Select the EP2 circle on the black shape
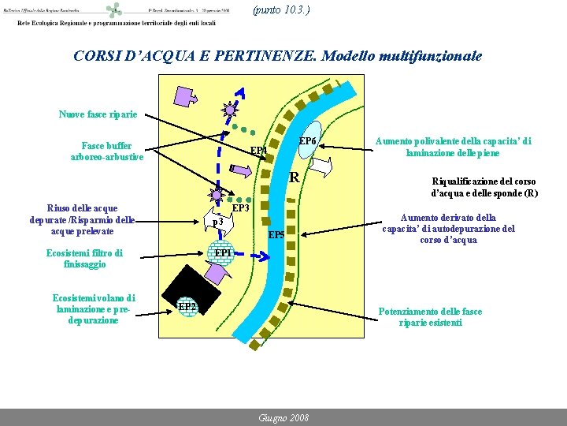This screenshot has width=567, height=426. tap(187, 306)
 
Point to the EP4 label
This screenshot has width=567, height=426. tap(259, 151)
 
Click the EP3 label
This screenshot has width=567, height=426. tap(240, 209)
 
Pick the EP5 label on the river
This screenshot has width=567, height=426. tap(276, 235)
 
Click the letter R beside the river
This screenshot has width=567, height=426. tap(294, 177)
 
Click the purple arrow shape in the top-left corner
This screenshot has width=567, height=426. tap(184, 96)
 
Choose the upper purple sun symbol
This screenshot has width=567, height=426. tap(229, 110)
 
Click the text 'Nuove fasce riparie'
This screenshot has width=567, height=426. tap(98, 114)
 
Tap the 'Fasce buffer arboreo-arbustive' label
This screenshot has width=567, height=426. tap(106, 151)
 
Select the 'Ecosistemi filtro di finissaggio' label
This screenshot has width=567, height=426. tap(84, 259)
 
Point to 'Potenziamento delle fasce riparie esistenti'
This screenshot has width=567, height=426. tap(430, 316)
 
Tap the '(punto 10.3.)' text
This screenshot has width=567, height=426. tap(281, 10)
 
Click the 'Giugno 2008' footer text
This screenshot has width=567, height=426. tap(283, 417)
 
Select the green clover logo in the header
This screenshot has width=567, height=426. tap(116, 10)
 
